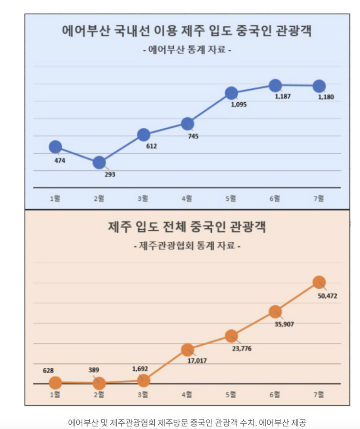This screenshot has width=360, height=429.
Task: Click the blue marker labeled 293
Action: [x=99, y=163]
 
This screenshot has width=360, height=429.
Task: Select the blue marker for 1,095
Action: [x=232, y=93]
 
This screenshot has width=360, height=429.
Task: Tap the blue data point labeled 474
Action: [x=55, y=147]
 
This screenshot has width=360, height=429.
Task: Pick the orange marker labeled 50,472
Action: [x=319, y=282]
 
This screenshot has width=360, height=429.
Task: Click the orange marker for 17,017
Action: [x=188, y=349]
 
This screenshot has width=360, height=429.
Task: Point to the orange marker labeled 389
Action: [x=99, y=383]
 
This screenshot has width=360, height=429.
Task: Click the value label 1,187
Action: [x=283, y=96]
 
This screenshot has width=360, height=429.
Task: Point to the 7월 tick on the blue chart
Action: [x=319, y=199]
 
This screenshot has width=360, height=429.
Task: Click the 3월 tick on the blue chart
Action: [x=143, y=199]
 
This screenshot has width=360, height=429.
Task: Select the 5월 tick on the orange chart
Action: [x=231, y=394]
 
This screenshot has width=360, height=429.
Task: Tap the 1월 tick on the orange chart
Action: [x=55, y=394]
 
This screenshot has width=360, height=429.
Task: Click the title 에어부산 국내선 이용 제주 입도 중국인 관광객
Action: [x=187, y=32]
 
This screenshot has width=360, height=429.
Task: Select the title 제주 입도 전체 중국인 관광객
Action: [x=187, y=227]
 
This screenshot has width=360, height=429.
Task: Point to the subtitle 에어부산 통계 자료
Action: [x=187, y=50]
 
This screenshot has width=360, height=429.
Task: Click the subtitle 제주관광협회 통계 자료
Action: [x=187, y=246]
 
